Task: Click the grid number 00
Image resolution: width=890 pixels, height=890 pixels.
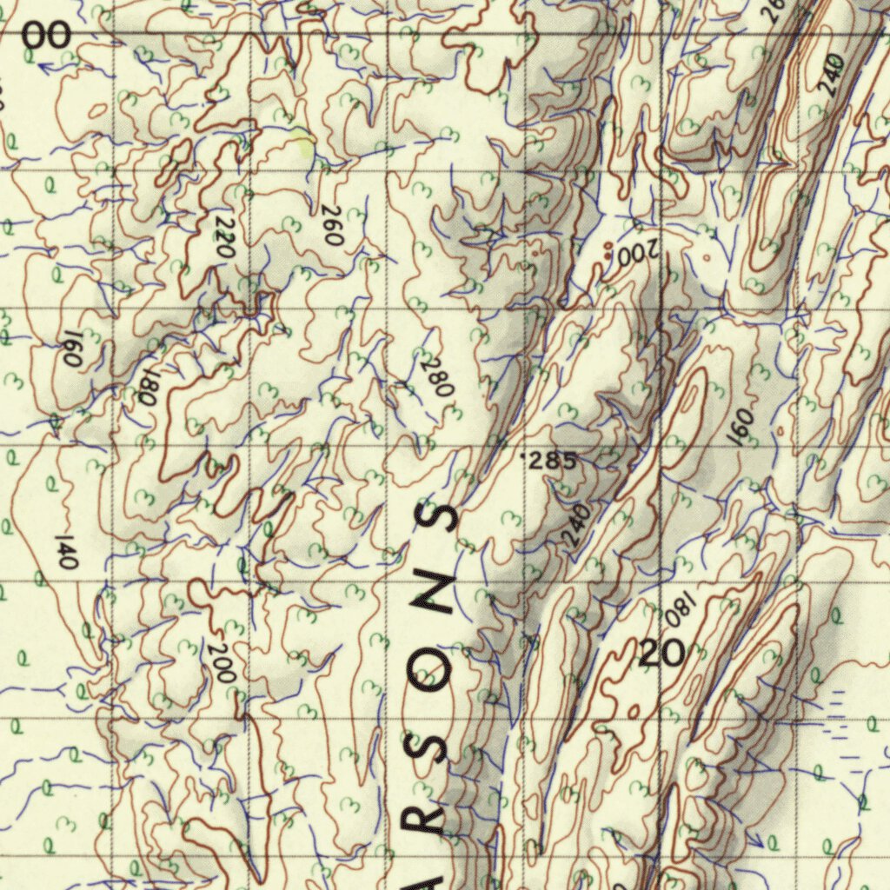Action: (45, 37)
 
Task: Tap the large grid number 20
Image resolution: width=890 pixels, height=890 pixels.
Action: (662, 652)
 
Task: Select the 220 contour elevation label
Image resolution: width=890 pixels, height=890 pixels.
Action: (224, 237)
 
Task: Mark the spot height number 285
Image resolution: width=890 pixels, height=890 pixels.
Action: (551, 462)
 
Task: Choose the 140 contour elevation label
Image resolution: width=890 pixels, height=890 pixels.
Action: (67, 552)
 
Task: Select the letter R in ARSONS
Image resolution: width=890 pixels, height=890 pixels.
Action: (435, 821)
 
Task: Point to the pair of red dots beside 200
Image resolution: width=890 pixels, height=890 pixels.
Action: (608, 251)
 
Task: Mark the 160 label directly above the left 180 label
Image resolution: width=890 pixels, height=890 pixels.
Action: (71, 349)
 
